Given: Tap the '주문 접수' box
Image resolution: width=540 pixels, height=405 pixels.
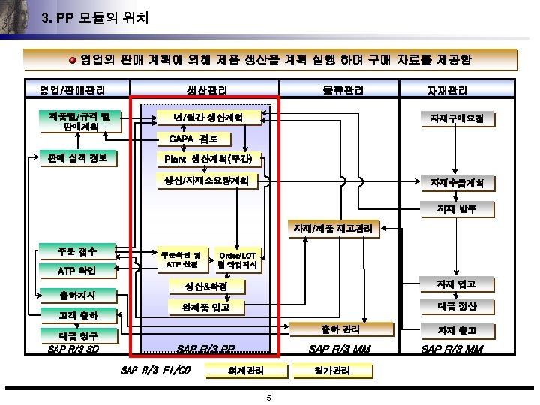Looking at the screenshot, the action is point(76,249).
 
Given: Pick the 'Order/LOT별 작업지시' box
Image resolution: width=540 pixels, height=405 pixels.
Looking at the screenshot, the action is point(238,259).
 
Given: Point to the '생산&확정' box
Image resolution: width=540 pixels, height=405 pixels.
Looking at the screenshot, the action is point(206,286).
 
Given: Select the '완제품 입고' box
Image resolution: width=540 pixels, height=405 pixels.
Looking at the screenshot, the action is point(206,307).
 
